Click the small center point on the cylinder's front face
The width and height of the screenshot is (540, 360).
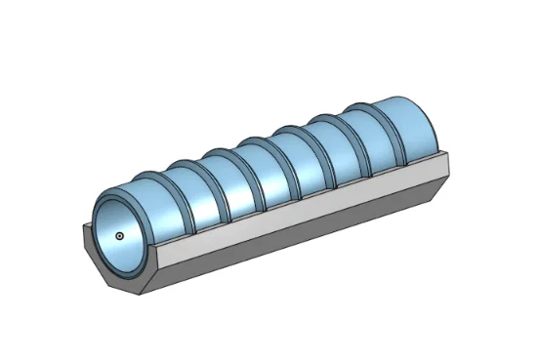click(x=119, y=235)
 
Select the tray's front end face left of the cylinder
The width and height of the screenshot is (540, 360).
click(x=90, y=249)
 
